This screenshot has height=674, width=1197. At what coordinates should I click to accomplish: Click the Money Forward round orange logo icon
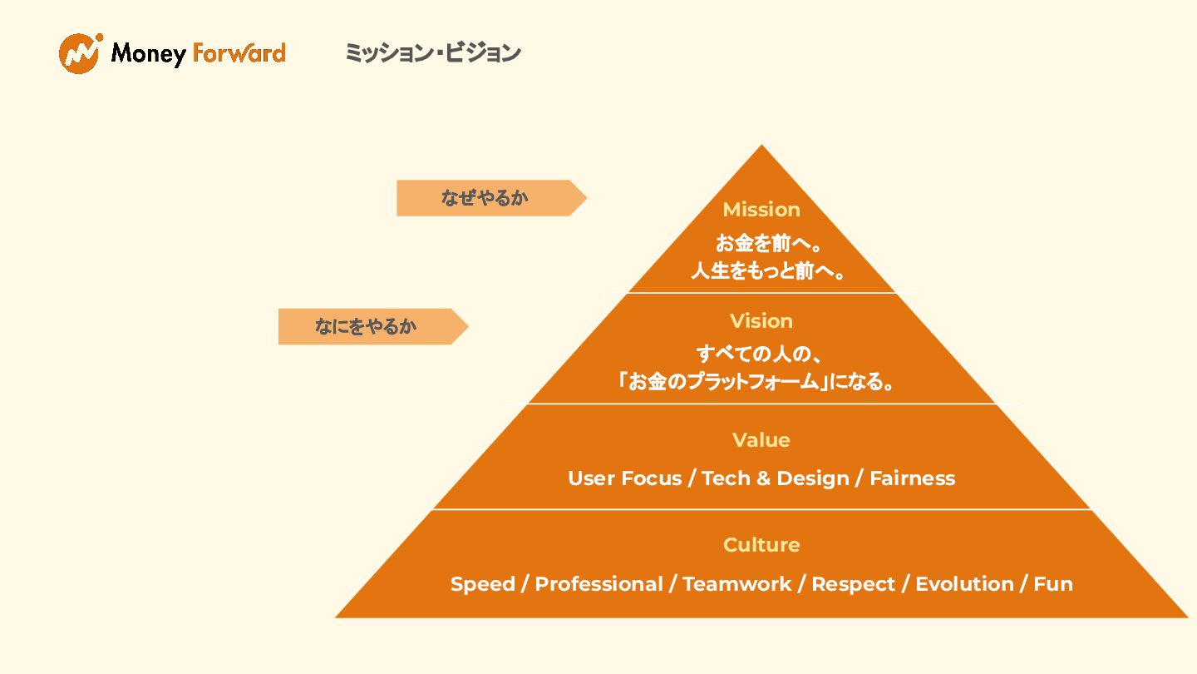(80, 53)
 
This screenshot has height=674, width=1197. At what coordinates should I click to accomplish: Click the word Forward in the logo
(239, 53)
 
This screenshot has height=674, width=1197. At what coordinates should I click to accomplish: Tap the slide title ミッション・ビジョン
(433, 53)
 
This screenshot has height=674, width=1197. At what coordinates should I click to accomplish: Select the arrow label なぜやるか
(485, 198)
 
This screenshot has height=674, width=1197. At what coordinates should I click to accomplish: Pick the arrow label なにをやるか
(366, 326)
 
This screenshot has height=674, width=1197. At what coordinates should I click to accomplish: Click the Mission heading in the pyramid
(761, 210)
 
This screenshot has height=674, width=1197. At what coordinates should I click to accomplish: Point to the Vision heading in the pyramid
(761, 321)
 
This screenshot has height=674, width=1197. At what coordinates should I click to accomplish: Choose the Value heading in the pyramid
(761, 440)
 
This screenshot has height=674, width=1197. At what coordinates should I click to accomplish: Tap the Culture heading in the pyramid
(761, 545)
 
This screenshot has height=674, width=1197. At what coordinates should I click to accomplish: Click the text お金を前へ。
(761, 244)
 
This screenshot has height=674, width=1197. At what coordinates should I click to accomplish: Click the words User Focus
(624, 478)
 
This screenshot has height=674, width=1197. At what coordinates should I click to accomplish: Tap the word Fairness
(912, 478)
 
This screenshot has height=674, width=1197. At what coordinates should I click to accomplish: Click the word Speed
(481, 584)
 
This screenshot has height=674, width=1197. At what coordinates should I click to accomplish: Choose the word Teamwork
(736, 584)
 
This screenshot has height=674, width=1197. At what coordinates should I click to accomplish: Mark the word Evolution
(964, 584)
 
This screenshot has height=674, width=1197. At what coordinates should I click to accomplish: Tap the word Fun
(1053, 584)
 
